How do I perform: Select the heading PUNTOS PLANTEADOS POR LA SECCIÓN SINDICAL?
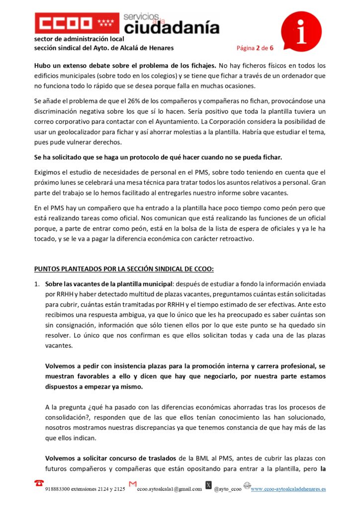[124, 269]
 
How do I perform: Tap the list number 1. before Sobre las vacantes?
[37, 283]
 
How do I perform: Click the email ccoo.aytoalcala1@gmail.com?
[170, 489]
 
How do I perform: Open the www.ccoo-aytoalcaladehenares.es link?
[288, 489]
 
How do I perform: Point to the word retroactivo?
[236, 239]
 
